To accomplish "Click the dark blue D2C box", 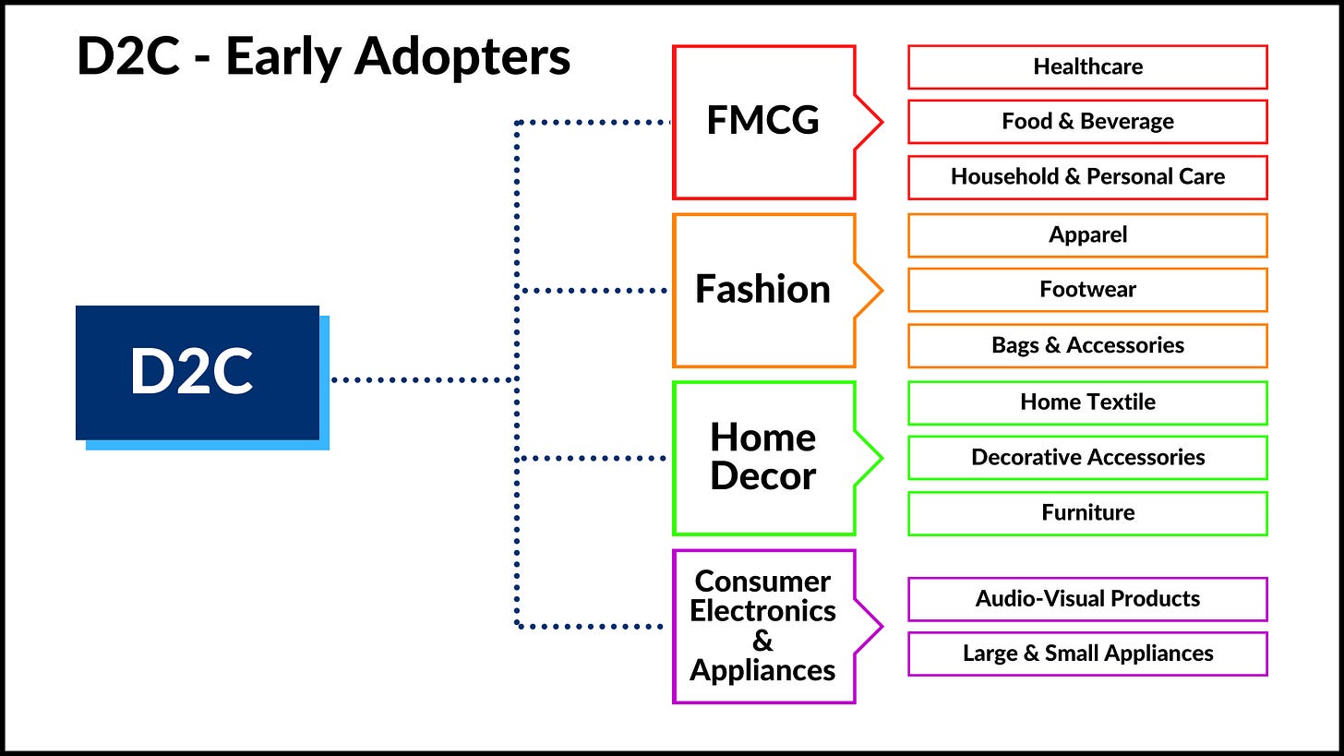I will [x=197, y=372].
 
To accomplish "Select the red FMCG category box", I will [x=763, y=122].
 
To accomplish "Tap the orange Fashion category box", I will [x=763, y=290].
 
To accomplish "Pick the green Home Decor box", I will [x=763, y=458].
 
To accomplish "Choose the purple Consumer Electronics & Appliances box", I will [x=763, y=626].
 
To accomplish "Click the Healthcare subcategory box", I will [x=1087, y=66].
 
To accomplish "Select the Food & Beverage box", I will [x=1087, y=122].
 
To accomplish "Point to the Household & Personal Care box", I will [x=1087, y=177].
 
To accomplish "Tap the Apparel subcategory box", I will [x=1087, y=234].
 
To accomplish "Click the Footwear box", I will [x=1087, y=290].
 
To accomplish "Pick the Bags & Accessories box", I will [x=1087, y=345].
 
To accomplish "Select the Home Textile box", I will [x=1087, y=402].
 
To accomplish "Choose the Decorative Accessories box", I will [x=1087, y=458].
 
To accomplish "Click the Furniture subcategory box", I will [x=1087, y=513].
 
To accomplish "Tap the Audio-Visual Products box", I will [x=1087, y=599].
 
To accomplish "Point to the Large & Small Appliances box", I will [x=1087, y=654].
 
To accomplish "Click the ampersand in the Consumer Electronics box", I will [x=762, y=641].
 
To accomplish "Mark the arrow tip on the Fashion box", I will [x=880, y=291].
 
